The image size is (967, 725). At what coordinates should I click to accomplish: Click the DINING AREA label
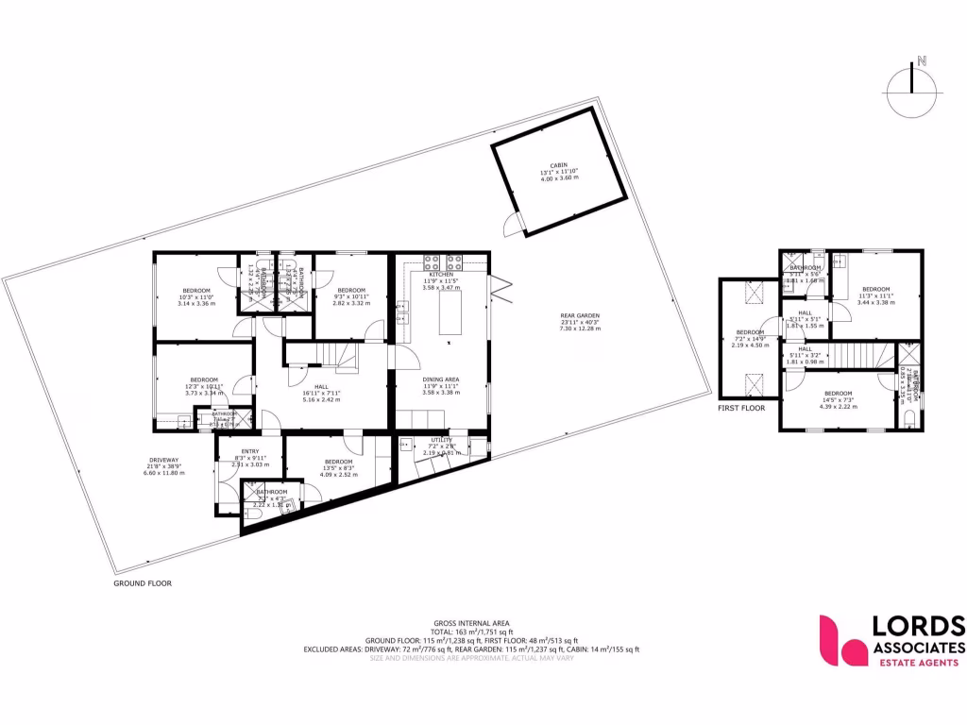coord(440,379)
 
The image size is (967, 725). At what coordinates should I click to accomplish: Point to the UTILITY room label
coord(441,440)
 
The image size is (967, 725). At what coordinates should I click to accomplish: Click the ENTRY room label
coord(250,451)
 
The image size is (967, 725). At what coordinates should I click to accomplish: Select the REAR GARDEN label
coord(566,316)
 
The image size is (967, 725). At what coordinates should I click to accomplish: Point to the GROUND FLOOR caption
coord(143,583)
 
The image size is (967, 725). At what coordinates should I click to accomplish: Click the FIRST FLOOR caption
coord(740,408)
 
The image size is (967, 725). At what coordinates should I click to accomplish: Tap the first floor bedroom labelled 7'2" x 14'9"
coord(751,338)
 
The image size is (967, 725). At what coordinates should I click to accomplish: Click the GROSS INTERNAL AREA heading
coord(471,623)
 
